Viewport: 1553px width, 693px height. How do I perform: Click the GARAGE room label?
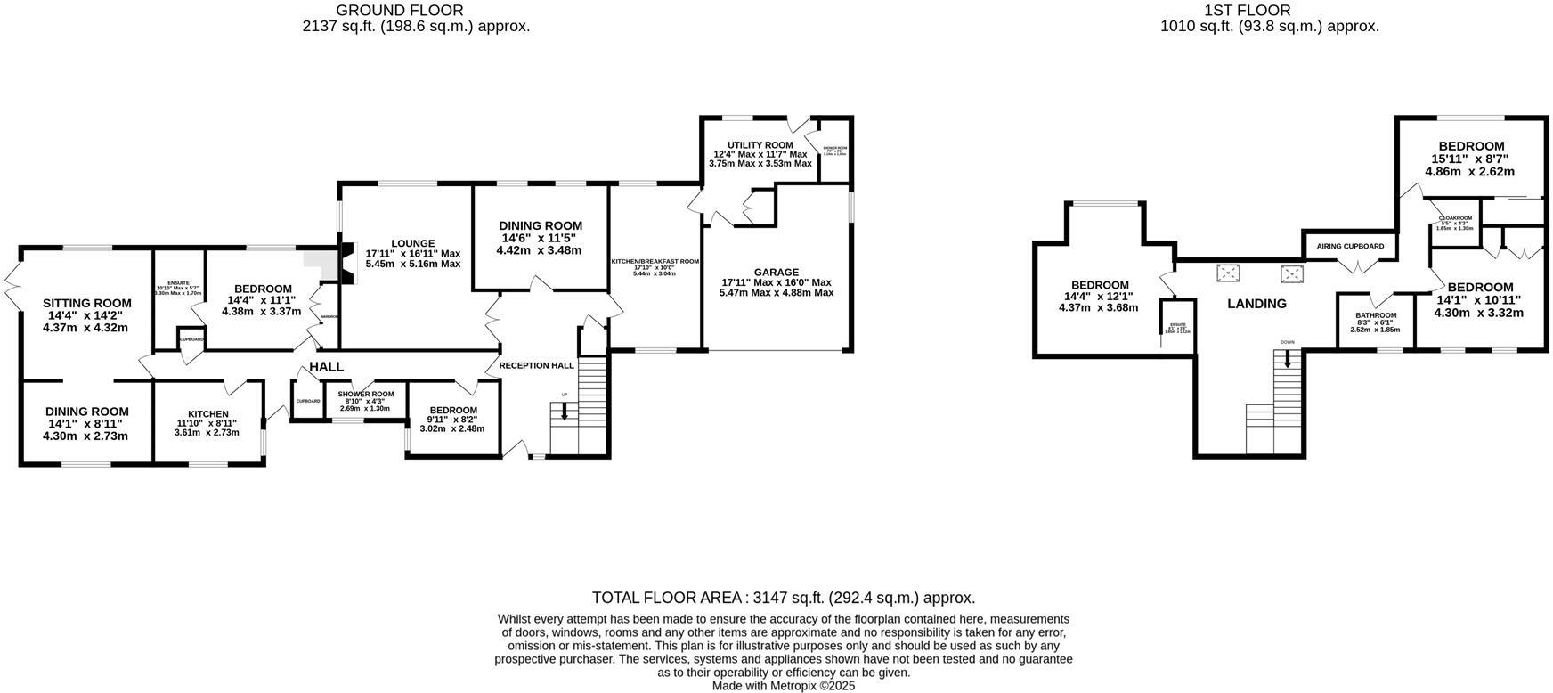click(x=776, y=273)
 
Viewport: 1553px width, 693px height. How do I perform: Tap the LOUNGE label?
click(x=412, y=243)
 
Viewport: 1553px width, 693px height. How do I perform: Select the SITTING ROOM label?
click(x=86, y=304)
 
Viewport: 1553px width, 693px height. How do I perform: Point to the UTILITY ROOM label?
click(x=760, y=145)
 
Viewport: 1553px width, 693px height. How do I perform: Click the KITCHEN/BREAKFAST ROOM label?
click(x=655, y=262)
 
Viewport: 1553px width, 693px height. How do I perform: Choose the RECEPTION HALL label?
click(x=536, y=365)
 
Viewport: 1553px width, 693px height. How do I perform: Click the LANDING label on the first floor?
click(x=1256, y=304)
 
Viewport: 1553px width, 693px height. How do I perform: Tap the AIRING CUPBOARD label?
click(x=1350, y=246)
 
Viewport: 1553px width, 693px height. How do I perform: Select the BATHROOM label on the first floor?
click(x=1376, y=315)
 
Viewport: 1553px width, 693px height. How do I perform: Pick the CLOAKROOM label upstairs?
click(x=1455, y=218)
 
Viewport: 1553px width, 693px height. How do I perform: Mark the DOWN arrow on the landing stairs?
click(x=1287, y=358)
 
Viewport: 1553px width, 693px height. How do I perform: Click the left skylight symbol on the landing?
click(x=1230, y=273)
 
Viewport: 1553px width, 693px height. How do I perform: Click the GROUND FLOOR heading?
click(x=399, y=11)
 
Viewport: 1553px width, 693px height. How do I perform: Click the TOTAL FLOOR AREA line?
click(x=784, y=598)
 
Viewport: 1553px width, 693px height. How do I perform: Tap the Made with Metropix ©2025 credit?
click(x=784, y=686)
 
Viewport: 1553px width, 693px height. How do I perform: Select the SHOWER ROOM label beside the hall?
click(x=365, y=395)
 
